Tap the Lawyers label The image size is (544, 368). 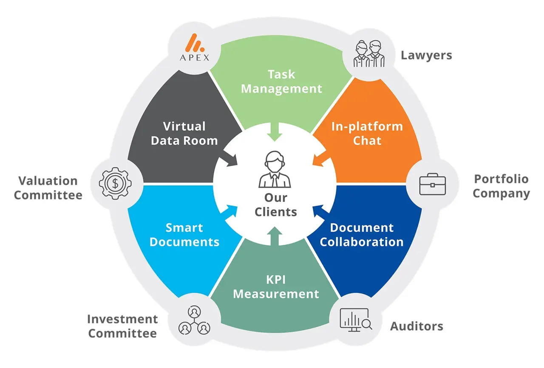click(x=426, y=55)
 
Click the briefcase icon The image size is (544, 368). click(x=432, y=183)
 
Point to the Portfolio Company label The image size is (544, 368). click(x=501, y=186)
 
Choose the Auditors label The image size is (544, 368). click(x=416, y=326)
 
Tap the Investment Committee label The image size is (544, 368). click(x=122, y=326)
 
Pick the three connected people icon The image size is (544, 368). click(x=195, y=320)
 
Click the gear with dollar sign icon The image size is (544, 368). click(x=115, y=183)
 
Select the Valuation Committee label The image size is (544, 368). click(x=48, y=188)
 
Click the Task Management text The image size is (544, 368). click(x=281, y=81)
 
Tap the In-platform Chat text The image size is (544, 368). click(x=367, y=133)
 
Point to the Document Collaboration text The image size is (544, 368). click(x=361, y=234)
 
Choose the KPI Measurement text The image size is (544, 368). click(x=276, y=287)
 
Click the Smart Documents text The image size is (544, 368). click(x=184, y=234)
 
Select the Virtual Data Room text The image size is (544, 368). click(x=184, y=133)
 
